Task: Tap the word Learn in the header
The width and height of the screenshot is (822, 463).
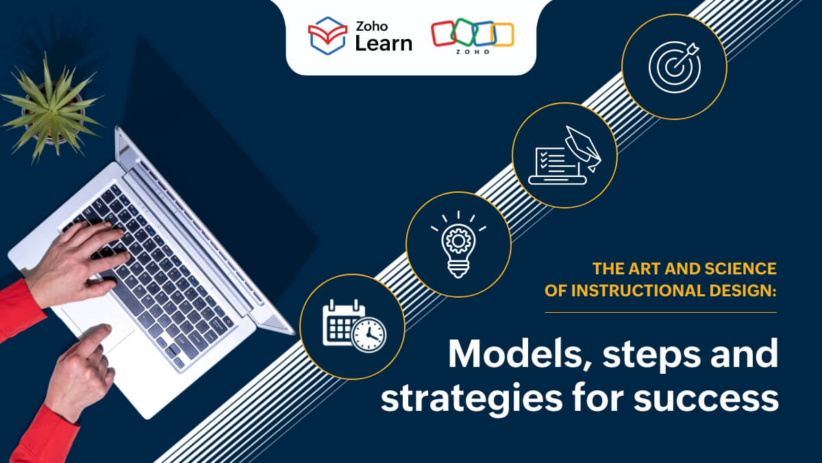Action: point(384,44)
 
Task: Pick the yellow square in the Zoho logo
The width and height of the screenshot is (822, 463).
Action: point(502,35)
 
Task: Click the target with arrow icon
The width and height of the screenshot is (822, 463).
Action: point(674,67)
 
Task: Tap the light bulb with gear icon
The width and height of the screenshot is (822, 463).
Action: point(458,244)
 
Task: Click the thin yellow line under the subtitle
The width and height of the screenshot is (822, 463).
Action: point(660,312)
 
